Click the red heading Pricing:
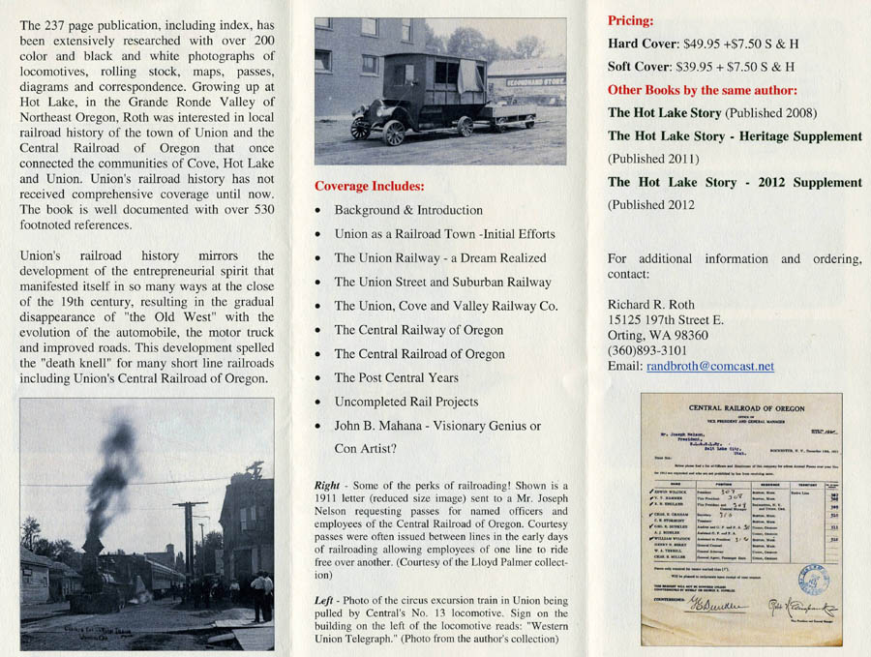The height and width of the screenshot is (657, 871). coord(631,20)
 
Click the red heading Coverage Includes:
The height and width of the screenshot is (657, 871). coord(372,186)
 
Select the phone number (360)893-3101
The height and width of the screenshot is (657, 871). coord(649,349)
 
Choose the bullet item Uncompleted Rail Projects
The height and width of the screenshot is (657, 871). coord(405,401)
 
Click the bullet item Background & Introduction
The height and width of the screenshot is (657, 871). coord(408,210)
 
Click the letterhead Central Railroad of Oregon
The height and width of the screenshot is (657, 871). coord(741,409)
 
